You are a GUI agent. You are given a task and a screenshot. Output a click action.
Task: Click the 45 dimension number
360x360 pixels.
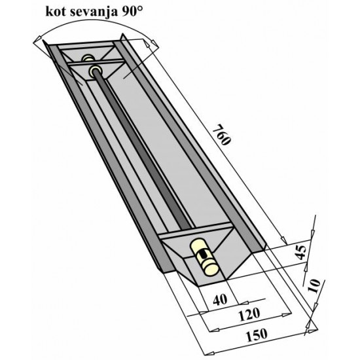click(302, 252)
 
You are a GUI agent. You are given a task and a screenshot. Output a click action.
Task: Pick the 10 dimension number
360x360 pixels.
click(314, 286)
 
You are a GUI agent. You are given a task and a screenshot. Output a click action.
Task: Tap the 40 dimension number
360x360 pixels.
click(220, 299)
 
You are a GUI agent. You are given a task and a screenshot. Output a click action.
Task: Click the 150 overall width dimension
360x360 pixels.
click(257, 335)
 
